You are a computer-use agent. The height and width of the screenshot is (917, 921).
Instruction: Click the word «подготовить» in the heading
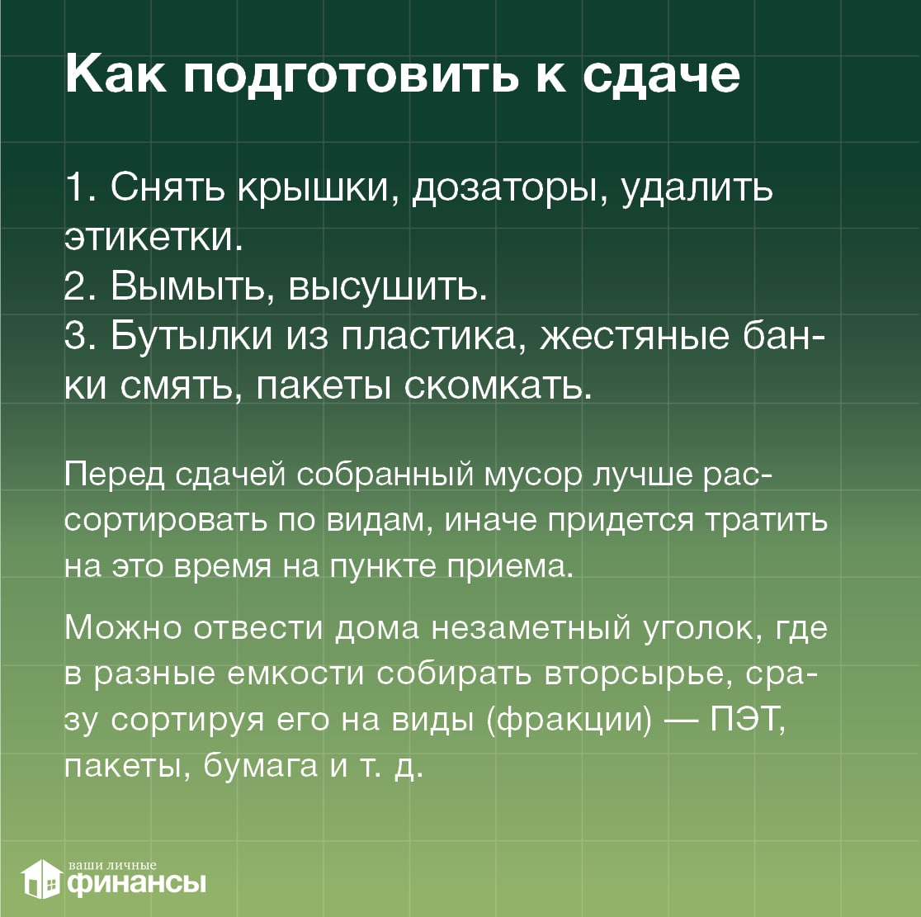click(x=351, y=78)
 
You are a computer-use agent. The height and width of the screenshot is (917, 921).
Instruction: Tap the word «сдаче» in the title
click(x=661, y=77)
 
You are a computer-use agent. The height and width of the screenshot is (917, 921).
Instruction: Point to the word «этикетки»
click(x=153, y=237)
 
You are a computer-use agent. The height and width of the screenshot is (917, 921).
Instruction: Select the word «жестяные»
click(x=635, y=337)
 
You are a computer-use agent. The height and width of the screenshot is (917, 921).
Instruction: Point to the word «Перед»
click(x=115, y=475)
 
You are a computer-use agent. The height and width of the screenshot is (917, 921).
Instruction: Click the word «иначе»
click(x=490, y=521)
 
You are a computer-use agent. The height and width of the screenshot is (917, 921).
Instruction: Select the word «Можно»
click(x=123, y=627)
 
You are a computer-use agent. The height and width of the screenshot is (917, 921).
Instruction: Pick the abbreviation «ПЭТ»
click(x=747, y=720)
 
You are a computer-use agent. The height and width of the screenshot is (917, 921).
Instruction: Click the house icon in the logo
click(x=41, y=879)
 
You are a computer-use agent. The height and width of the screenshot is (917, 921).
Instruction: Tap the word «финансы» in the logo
click(x=137, y=883)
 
